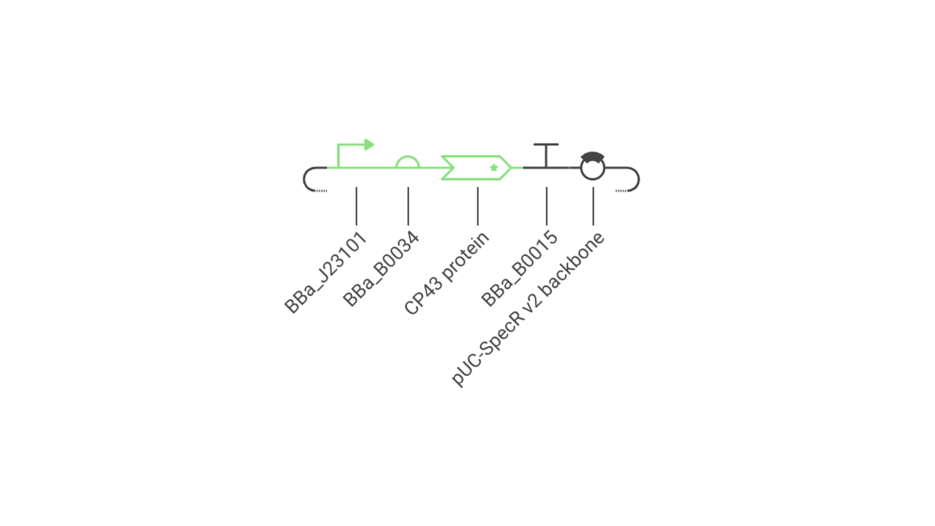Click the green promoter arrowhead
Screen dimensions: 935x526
tap(369, 145)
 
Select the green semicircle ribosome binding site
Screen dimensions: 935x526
tap(408, 157)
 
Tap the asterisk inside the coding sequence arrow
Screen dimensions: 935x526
tap(494, 168)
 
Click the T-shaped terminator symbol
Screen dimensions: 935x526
tap(546, 156)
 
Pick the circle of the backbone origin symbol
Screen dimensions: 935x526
tap(593, 180)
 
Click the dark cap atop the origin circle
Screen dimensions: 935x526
tap(593, 156)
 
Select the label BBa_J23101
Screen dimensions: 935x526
tap(325, 273)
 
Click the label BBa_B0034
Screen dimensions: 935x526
tap(381, 269)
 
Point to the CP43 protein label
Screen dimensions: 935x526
tap(447, 274)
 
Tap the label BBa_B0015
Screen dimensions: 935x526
tap(519, 268)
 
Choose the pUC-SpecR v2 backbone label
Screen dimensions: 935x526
tap(528, 309)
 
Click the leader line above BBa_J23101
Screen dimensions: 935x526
tap(356, 206)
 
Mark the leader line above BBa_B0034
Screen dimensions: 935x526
tap(408, 206)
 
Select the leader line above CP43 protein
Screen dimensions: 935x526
tap(478, 206)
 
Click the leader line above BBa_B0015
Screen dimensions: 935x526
tap(546, 206)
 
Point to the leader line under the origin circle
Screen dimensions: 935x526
tap(593, 206)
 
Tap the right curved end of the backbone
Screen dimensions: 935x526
tap(638, 179)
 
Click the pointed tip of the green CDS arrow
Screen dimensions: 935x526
tap(511, 168)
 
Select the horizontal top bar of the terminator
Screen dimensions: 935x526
tap(546, 144)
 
